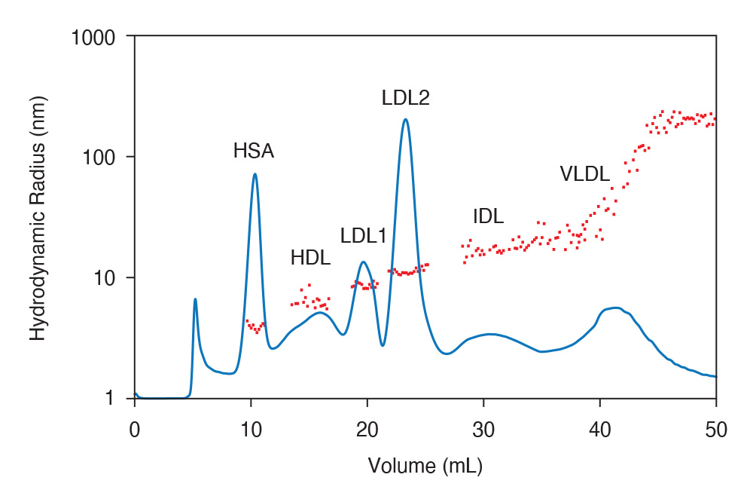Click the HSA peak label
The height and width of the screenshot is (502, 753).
253,152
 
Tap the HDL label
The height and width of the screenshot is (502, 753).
310,258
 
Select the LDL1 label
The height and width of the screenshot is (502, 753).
363,236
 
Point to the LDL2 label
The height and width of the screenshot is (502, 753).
405,98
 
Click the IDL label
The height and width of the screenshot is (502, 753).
488,216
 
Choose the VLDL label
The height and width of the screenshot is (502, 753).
584,174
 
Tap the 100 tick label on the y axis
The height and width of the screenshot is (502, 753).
103,157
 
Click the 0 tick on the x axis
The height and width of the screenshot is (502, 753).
135,430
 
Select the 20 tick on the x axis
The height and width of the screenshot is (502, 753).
367,430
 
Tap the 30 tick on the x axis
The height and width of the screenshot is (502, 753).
483,430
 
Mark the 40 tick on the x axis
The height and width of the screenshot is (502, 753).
600,430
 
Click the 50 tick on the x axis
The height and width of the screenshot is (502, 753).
716,430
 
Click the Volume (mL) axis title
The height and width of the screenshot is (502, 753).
425,466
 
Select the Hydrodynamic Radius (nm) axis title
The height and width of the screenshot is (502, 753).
38,217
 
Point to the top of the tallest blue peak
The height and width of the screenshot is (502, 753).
406,119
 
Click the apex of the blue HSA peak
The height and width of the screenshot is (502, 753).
255,174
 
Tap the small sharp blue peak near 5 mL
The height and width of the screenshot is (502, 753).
195,299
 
